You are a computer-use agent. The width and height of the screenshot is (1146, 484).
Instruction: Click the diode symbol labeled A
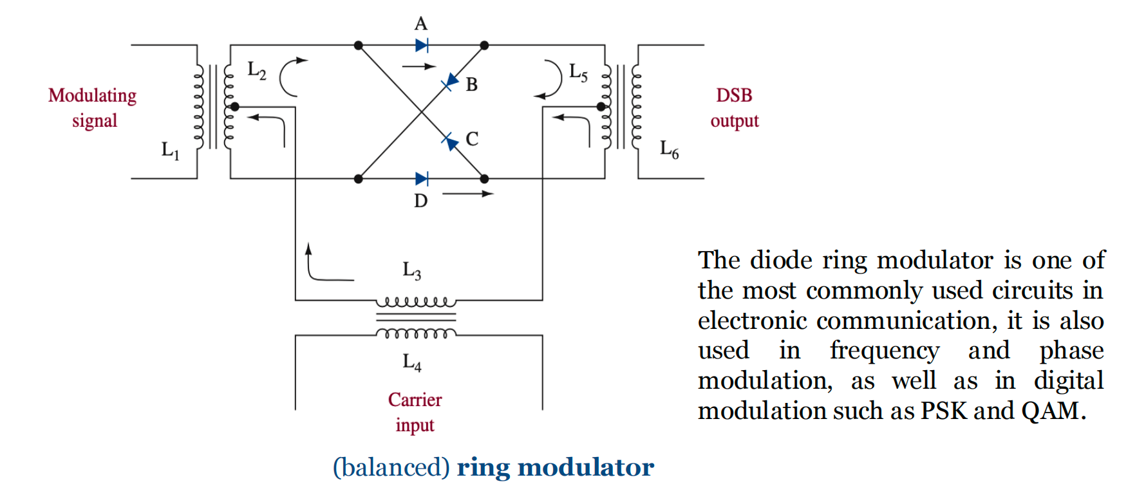(x=422, y=45)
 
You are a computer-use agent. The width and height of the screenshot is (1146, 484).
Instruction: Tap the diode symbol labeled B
(x=451, y=82)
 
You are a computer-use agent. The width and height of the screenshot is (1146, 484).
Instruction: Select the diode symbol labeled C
(x=450, y=141)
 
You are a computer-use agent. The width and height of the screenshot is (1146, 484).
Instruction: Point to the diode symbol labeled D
(x=422, y=178)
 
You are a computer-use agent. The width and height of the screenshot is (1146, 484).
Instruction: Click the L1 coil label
(x=170, y=151)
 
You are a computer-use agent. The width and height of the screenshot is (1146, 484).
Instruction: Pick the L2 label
(x=257, y=70)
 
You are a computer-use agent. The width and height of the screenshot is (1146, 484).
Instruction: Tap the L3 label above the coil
(x=412, y=270)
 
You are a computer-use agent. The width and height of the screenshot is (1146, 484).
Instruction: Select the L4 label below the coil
(x=412, y=362)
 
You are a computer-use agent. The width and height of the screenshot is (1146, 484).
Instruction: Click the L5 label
(x=578, y=72)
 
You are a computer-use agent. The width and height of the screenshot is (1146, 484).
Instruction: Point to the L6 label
(x=669, y=149)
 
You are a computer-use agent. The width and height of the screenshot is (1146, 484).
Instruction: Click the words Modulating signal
(x=93, y=108)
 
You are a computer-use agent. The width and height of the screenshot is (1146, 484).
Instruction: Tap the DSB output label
(x=735, y=108)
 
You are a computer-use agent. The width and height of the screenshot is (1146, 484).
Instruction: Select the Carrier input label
(x=415, y=413)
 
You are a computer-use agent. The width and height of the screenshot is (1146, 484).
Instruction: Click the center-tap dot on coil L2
(x=235, y=106)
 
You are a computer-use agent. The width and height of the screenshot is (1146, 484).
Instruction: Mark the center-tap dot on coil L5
(x=601, y=106)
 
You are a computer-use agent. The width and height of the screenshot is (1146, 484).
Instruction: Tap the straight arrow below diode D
(x=468, y=193)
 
